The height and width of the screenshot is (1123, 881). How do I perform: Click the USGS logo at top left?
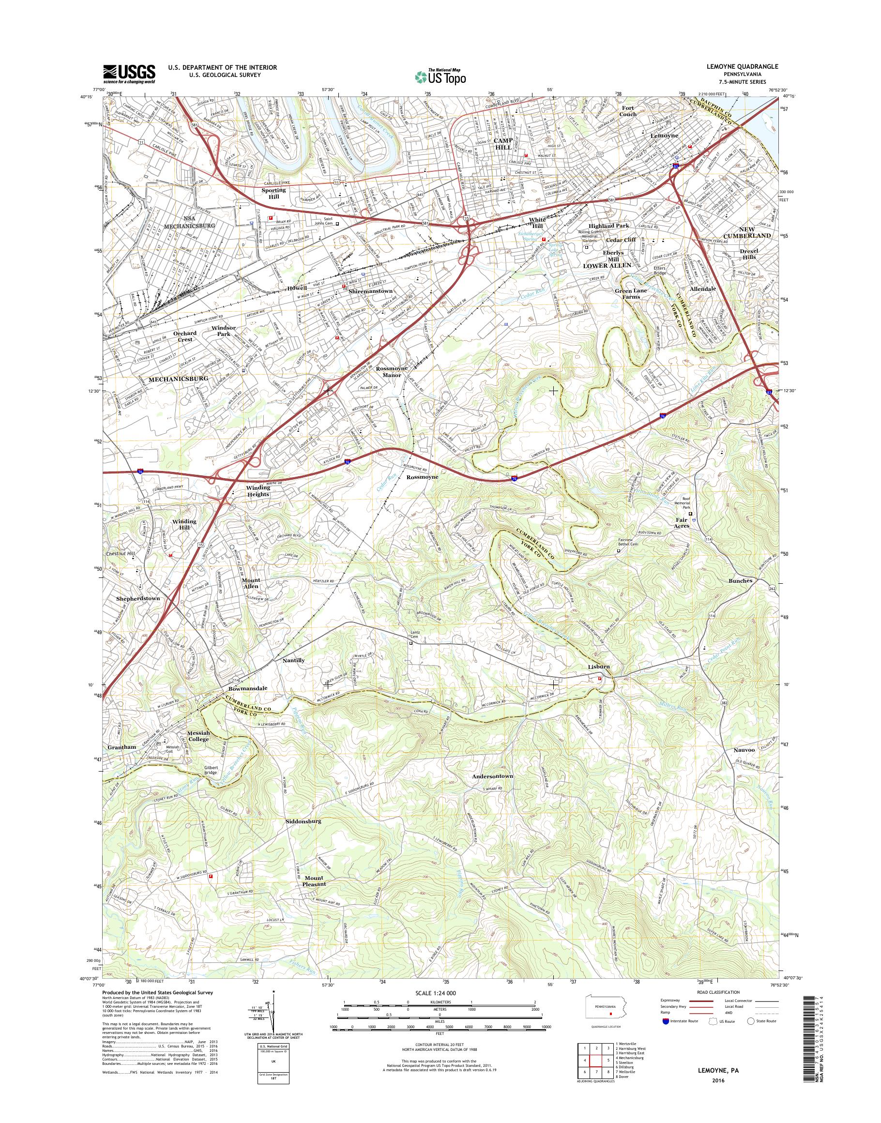pos(129,74)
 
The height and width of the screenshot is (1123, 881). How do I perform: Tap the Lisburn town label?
pos(599,667)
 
